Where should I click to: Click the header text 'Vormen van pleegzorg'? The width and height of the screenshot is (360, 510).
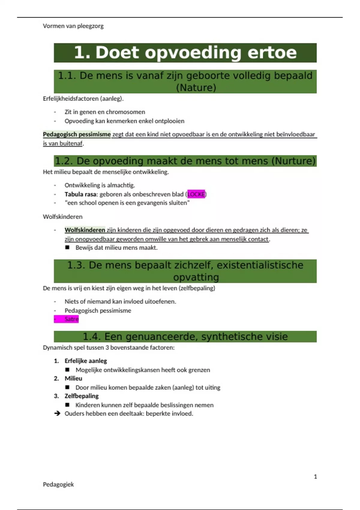point(73,26)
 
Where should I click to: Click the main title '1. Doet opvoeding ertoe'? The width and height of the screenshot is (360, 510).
point(185,52)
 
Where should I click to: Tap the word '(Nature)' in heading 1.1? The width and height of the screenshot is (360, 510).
point(196,88)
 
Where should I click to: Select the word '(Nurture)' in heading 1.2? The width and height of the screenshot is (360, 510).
point(293,161)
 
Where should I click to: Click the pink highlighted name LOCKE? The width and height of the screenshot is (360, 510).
point(196,194)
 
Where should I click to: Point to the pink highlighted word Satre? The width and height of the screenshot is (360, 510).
point(71,319)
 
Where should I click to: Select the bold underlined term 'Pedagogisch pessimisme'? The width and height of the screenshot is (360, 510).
point(77,134)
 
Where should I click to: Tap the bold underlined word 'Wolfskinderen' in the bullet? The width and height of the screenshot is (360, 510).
point(85,230)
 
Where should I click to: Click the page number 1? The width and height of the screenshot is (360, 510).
point(315,477)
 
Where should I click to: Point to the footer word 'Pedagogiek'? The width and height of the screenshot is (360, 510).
point(58,484)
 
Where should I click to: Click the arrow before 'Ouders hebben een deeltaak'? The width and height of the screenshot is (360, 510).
point(57,414)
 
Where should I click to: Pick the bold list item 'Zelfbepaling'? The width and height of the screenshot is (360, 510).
point(82,396)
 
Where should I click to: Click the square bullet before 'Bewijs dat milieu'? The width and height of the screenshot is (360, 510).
point(67,247)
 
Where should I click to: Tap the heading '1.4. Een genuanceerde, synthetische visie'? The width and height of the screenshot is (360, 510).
point(185,337)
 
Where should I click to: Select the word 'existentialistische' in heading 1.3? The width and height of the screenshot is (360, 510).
point(260,265)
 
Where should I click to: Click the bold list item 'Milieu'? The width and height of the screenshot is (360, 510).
point(73,379)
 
